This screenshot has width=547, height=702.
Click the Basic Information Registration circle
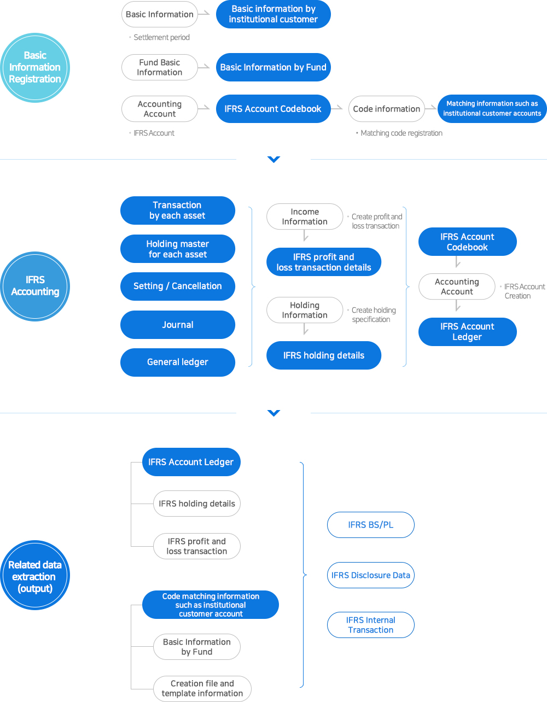point(35,67)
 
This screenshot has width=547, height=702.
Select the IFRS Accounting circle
point(35,286)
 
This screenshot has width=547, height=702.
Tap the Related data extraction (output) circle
point(35,575)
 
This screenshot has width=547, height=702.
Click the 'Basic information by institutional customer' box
point(273,14)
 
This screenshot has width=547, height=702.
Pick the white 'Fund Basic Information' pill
point(159,67)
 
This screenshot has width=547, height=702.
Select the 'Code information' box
point(386,109)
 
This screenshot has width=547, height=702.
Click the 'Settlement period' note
point(160,38)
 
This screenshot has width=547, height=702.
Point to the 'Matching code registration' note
point(399,133)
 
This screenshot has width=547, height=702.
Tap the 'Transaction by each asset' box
point(177,210)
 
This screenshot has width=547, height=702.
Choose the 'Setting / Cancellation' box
point(177,286)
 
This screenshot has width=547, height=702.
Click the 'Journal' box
point(177,325)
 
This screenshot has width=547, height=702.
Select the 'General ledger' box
point(177,362)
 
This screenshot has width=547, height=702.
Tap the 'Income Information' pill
point(304,217)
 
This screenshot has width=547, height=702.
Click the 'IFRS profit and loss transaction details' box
point(323,262)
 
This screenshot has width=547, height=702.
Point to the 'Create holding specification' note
point(372,315)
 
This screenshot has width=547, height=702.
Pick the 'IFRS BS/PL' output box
point(370,525)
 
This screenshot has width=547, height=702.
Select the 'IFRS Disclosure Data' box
point(370,575)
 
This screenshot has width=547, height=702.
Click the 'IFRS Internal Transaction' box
point(370,625)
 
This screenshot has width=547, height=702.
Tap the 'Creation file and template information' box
point(202,688)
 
